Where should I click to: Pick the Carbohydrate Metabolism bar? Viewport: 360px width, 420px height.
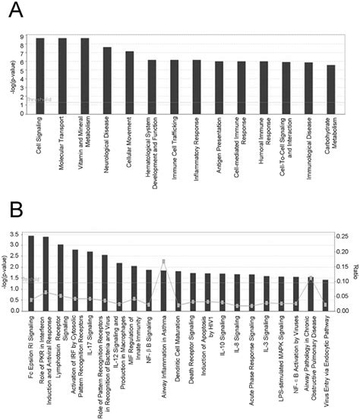pos(330,90)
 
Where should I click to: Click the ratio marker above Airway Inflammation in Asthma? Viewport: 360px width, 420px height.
pos(163,262)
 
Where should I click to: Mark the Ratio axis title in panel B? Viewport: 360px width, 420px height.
pos(355,273)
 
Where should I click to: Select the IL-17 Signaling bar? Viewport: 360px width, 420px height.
pos(90,281)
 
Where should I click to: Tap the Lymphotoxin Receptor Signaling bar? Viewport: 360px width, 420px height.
pos(61,277)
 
